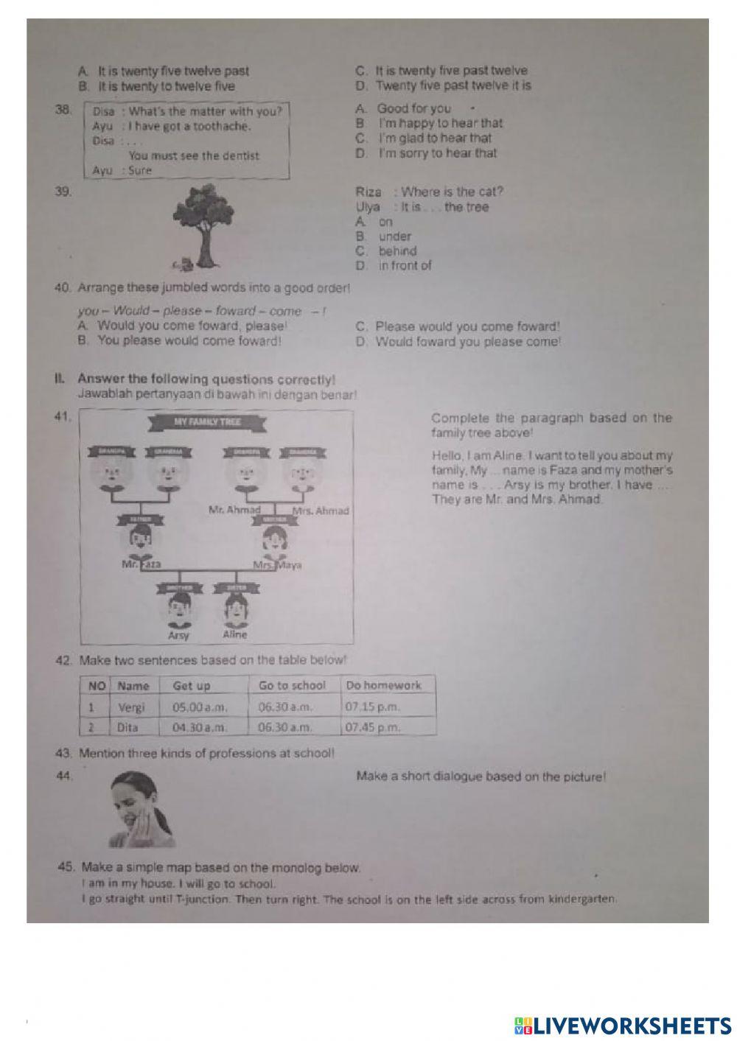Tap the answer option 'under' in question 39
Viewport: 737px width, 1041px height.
394,236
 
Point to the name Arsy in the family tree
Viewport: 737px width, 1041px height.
178,635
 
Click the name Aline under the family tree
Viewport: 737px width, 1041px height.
235,634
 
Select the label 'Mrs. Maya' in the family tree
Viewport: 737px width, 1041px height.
277,566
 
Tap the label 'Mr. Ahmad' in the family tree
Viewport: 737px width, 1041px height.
234,510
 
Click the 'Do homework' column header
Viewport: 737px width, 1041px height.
383,685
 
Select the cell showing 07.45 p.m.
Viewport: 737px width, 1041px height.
373,727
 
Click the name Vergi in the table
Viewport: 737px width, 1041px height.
132,707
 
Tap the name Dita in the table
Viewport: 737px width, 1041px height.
128,727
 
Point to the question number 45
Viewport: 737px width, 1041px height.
66,867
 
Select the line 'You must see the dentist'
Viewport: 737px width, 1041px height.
194,155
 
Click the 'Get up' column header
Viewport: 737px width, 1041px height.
192,686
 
